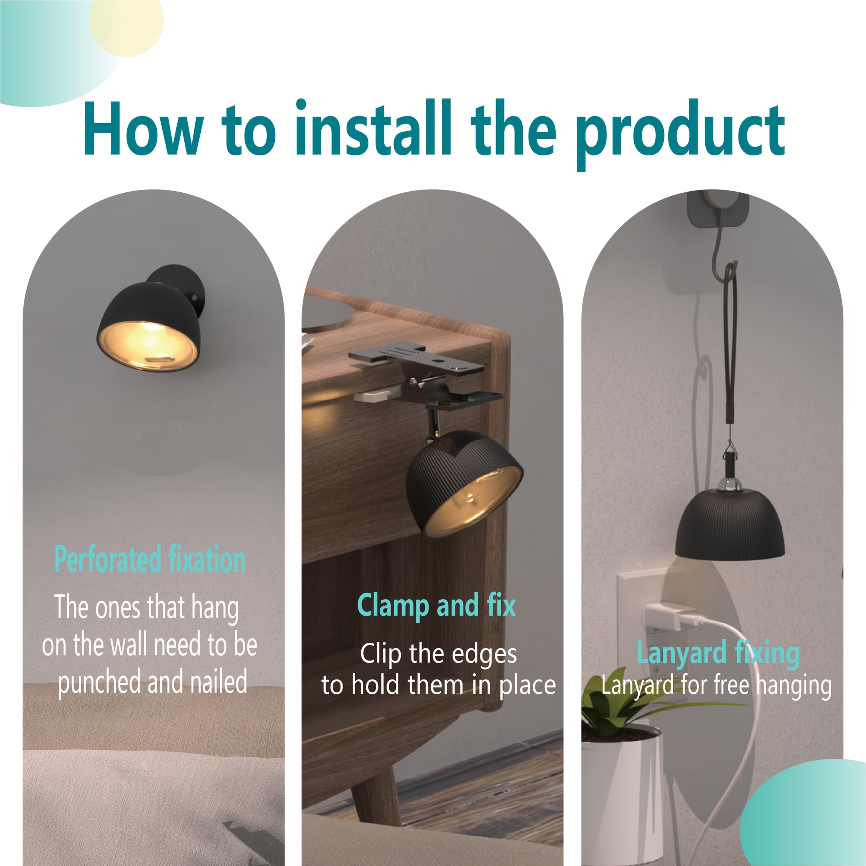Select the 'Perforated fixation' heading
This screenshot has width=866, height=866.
point(150,559)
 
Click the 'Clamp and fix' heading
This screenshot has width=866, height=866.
point(436,605)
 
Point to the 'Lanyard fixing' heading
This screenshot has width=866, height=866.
point(718,652)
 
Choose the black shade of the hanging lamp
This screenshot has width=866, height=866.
point(730,529)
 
